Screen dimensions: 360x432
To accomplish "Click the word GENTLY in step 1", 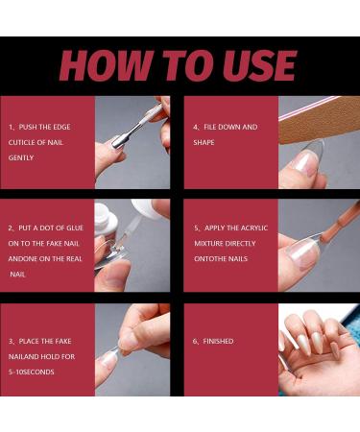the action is [x=21, y=157].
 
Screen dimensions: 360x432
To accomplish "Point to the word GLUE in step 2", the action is [x=75, y=228].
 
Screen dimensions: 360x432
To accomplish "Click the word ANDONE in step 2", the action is [x=22, y=259].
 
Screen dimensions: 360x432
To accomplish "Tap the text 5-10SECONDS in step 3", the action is [x=32, y=372].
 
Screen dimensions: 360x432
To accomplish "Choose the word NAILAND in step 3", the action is [x=24, y=357].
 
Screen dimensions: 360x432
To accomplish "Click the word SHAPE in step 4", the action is [x=204, y=142].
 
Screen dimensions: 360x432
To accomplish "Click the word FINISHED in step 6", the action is [x=218, y=342].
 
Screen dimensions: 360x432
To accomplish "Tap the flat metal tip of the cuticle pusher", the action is [x=117, y=143].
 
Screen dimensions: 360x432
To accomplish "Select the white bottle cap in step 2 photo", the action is [x=150, y=209].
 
